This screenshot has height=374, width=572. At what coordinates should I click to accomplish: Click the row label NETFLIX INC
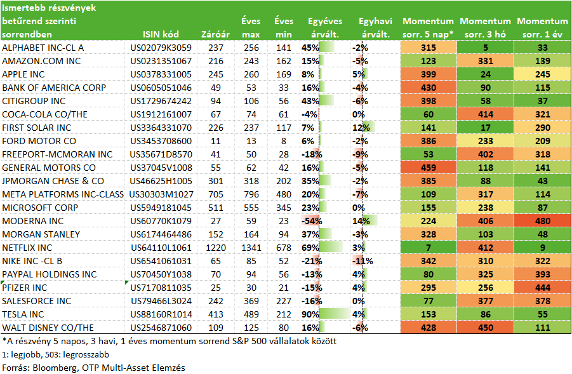(x=27, y=248)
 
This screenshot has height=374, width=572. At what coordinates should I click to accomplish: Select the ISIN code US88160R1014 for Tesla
(x=161, y=314)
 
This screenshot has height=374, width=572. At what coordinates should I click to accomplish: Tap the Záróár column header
(x=215, y=35)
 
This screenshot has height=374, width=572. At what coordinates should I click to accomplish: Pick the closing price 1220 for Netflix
(x=216, y=248)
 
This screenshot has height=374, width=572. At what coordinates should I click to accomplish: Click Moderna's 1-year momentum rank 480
(x=542, y=221)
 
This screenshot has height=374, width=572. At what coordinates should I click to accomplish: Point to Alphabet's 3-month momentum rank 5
(x=485, y=48)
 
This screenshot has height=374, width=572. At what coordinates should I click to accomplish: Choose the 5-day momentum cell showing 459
(x=429, y=168)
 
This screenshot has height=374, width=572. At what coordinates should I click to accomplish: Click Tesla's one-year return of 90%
(x=310, y=314)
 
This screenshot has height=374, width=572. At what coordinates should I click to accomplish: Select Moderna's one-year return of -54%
(x=312, y=221)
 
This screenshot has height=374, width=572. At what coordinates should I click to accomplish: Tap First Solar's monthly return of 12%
(x=361, y=128)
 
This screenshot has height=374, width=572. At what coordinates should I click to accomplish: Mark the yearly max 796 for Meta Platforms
(x=251, y=194)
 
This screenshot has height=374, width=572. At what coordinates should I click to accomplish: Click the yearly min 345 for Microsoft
(x=283, y=208)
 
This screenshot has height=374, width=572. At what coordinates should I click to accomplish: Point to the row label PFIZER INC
(x=24, y=288)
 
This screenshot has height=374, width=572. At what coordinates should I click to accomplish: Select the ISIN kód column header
(x=161, y=35)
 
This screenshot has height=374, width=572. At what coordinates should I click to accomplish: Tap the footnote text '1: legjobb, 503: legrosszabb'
(x=55, y=354)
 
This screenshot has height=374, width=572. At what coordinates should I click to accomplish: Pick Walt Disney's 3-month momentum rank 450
(x=485, y=328)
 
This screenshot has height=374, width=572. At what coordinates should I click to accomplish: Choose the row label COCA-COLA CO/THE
(x=44, y=114)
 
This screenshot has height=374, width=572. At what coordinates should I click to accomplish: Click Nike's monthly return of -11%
(x=362, y=261)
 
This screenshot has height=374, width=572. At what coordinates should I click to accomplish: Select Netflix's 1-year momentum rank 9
(x=542, y=248)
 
